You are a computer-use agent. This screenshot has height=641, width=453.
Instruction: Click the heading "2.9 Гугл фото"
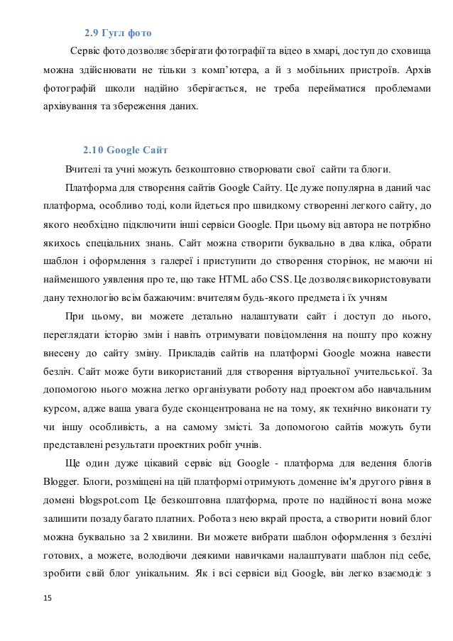(x=117, y=33)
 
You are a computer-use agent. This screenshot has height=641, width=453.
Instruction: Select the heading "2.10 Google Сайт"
(x=125, y=150)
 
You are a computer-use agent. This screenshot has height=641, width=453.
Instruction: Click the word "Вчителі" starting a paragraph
(x=84, y=170)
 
